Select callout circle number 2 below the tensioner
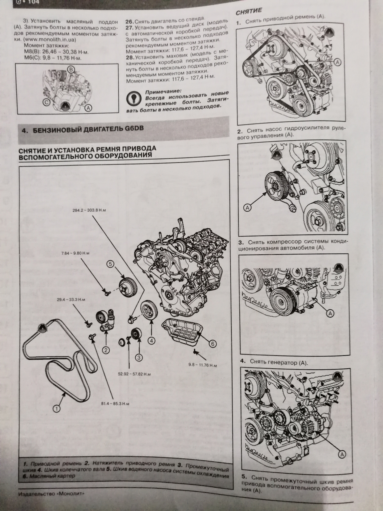click(x=106, y=350)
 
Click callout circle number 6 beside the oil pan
click(x=212, y=344)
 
